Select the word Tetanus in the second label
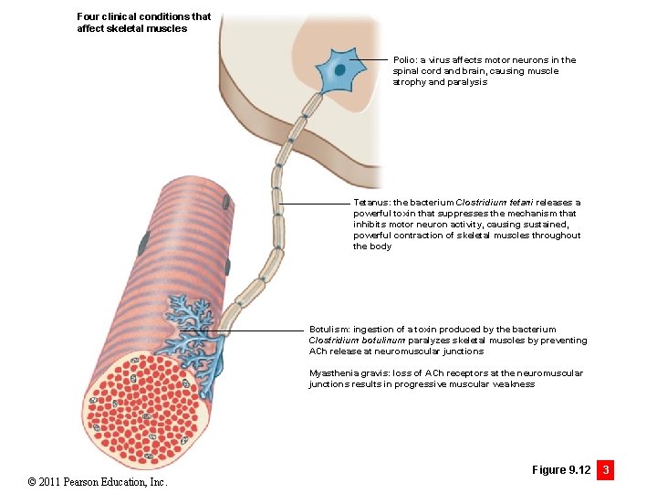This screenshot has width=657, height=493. point(371,203)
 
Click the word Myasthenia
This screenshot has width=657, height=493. point(336,373)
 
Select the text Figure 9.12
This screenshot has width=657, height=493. point(561,470)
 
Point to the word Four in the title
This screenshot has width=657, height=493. point(88,16)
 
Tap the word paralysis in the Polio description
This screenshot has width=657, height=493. point(467,82)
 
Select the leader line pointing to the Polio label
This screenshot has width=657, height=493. point(370,60)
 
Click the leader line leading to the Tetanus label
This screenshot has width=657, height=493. point(315,203)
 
